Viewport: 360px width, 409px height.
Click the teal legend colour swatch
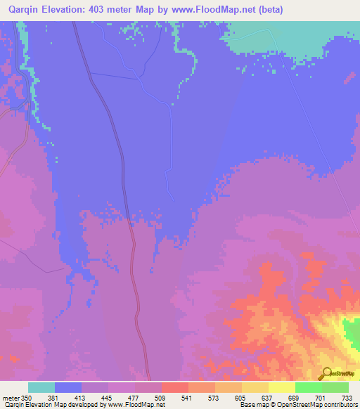pos(41,387)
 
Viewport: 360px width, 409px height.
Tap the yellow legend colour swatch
pos(282,387)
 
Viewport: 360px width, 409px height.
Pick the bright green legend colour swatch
pos(309,387)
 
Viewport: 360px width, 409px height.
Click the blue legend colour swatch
pos(68,387)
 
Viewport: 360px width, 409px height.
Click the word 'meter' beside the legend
pos(10,398)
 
